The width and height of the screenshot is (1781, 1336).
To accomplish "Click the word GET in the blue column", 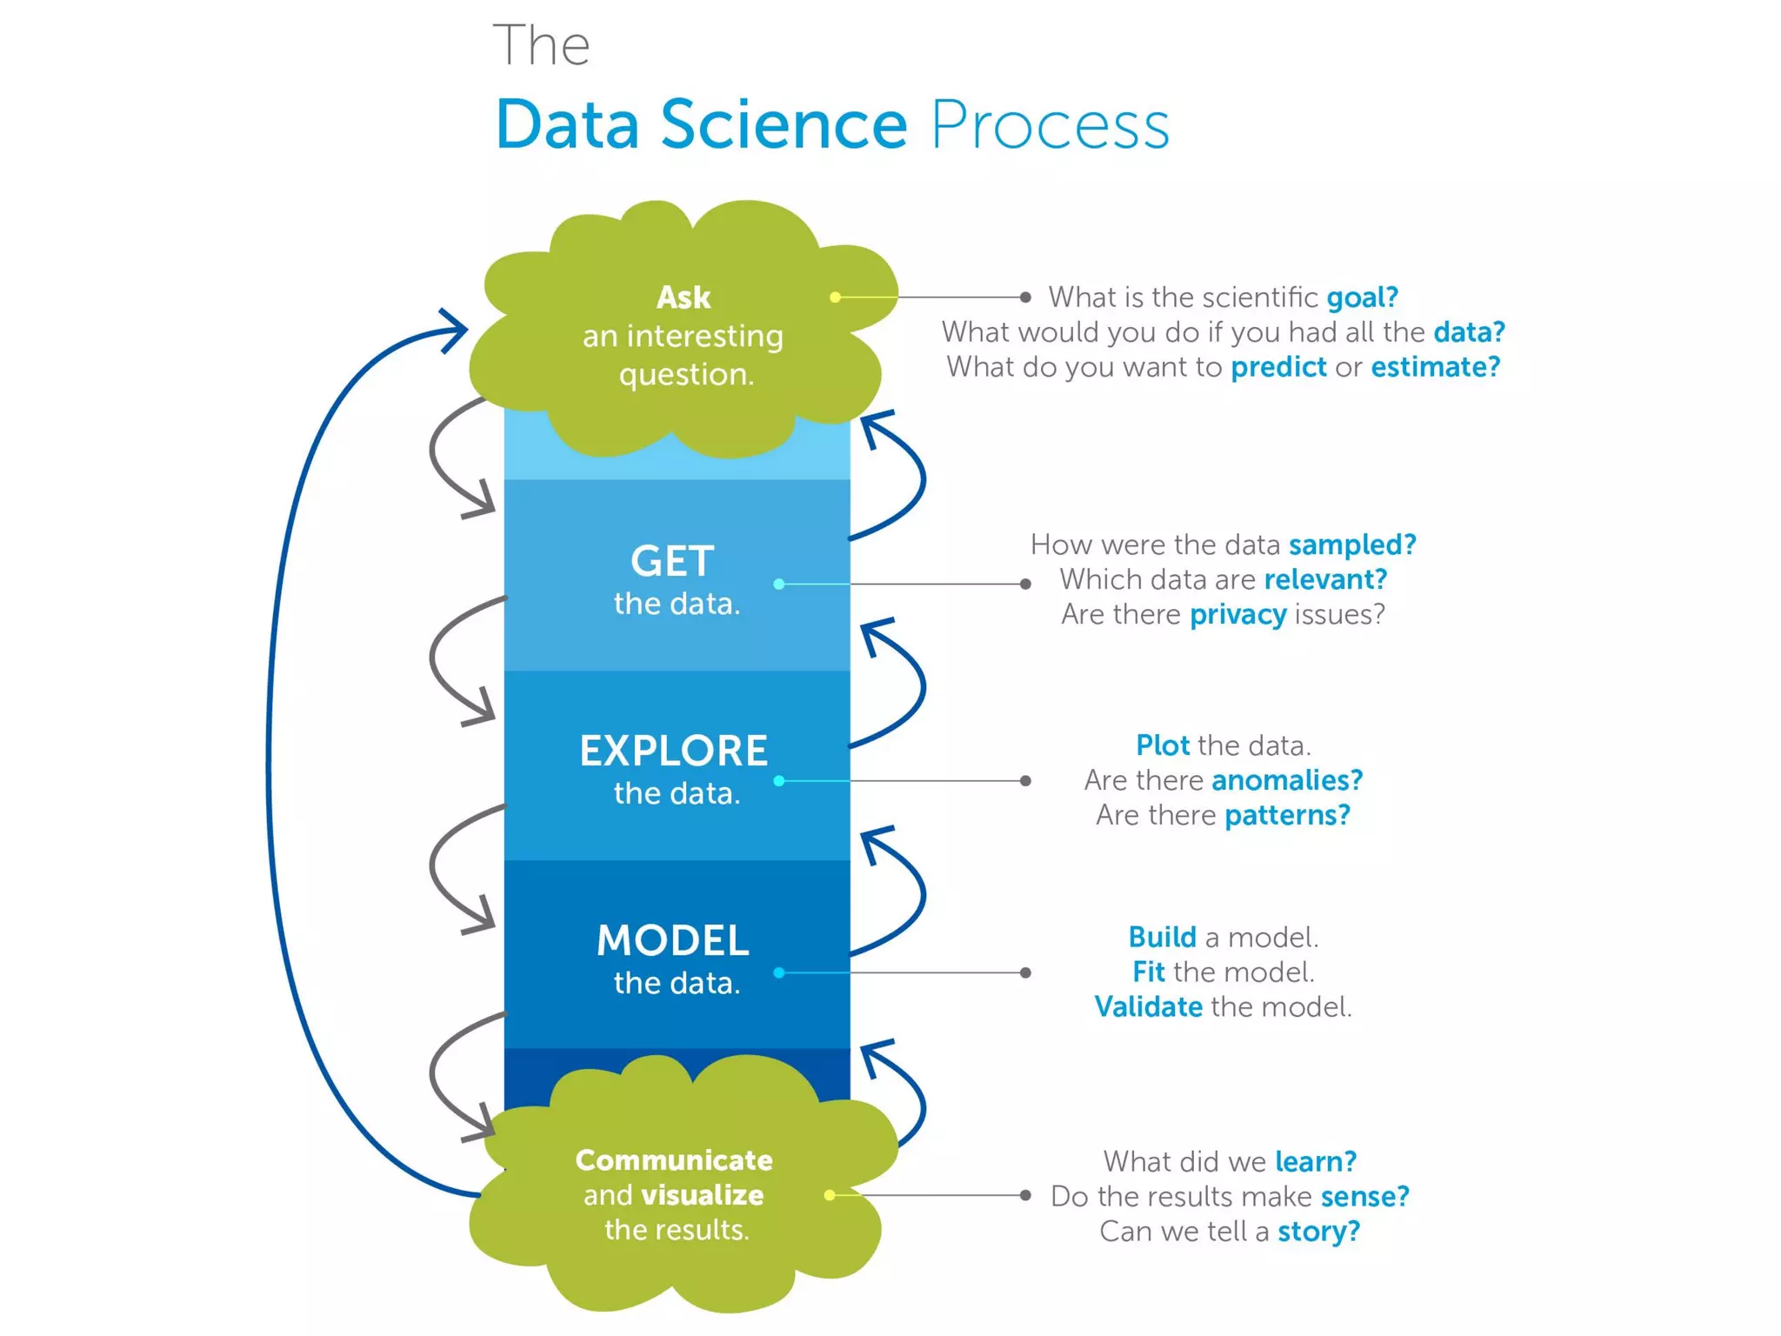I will click(672, 561).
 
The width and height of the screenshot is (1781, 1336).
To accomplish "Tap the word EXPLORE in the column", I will click(674, 751).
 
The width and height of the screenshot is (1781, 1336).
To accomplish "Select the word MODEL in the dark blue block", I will click(672, 940).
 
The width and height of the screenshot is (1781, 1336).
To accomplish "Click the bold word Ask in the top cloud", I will click(684, 297).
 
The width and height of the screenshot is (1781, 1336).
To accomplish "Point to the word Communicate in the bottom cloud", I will click(674, 1159).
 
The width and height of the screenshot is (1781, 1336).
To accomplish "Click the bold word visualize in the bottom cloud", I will click(702, 1195).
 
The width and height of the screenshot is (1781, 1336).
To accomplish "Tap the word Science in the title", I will click(784, 124).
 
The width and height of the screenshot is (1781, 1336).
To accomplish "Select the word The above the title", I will click(541, 45).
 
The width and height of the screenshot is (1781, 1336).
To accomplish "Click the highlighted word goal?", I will click(1362, 297).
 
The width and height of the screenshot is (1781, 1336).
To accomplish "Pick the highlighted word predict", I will click(1278, 367).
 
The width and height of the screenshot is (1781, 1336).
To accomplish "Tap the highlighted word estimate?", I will click(1436, 367).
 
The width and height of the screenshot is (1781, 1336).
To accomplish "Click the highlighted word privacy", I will click(1237, 615).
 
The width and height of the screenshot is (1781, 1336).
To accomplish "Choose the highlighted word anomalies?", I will click(1286, 780).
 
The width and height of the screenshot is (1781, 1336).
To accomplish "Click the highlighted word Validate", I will click(1148, 1007).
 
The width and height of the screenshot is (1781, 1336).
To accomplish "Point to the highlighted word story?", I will click(1318, 1232).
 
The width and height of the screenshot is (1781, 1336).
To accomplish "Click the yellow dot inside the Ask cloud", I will click(835, 297).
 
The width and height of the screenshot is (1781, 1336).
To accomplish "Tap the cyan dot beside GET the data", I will click(779, 584).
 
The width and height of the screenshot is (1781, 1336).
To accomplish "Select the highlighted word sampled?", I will click(1352, 544).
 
